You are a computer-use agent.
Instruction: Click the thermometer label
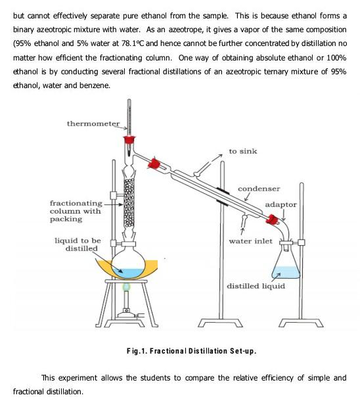tap(93, 124)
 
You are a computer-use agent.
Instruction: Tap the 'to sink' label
tap(242, 151)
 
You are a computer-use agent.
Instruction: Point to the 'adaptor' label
tap(281, 204)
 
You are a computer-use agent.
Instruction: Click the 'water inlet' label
tap(250, 241)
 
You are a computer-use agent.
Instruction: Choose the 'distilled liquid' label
tap(256, 286)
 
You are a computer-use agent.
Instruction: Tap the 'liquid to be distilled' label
tap(77, 245)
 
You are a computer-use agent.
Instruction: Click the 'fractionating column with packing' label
tap(76, 211)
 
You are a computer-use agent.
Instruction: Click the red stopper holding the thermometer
tap(129, 139)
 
